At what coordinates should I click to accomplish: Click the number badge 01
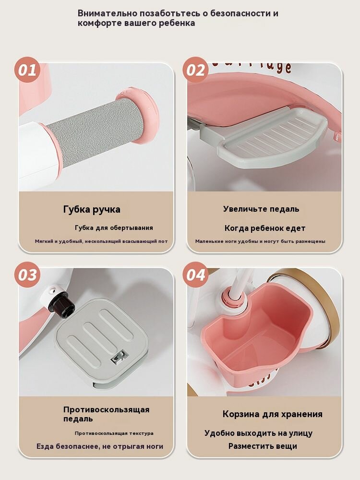(x=27, y=70)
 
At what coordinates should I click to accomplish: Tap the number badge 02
(x=196, y=70)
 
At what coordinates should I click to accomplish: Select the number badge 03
(x=27, y=275)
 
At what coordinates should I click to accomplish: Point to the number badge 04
(x=196, y=275)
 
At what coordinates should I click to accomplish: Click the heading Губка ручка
(x=92, y=210)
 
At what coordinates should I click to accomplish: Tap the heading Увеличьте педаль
(x=261, y=209)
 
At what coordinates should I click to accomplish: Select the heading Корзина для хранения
(x=273, y=414)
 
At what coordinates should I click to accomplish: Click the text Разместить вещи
(x=263, y=446)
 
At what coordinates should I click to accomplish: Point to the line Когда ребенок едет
(x=265, y=228)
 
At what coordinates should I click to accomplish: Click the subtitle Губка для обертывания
(x=114, y=228)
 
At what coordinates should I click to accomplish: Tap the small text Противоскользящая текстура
(x=114, y=433)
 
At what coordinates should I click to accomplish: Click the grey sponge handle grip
(x=96, y=130)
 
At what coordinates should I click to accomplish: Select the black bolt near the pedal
(x=62, y=301)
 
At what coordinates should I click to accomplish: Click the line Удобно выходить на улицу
(x=259, y=433)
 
